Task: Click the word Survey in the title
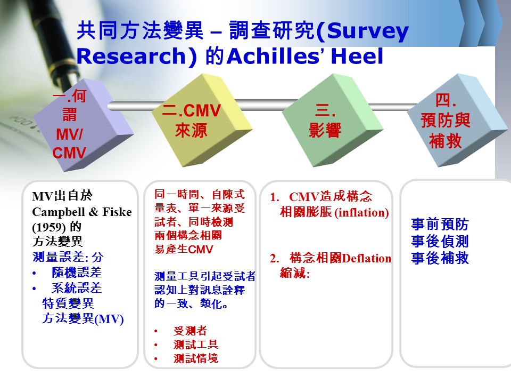(368, 32)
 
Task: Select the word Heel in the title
(357, 56)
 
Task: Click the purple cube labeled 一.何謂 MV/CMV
(84, 126)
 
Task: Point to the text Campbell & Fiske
(82, 212)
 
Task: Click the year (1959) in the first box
(49, 227)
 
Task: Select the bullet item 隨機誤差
(77, 273)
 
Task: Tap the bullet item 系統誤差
(77, 287)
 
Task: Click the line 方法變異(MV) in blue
(83, 318)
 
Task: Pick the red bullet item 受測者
(190, 331)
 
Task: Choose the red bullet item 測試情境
(196, 358)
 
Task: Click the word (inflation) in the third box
(362, 212)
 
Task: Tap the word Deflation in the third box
(367, 258)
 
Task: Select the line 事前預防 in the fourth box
(440, 225)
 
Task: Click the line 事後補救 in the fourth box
(440, 258)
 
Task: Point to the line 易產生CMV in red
(184, 249)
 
